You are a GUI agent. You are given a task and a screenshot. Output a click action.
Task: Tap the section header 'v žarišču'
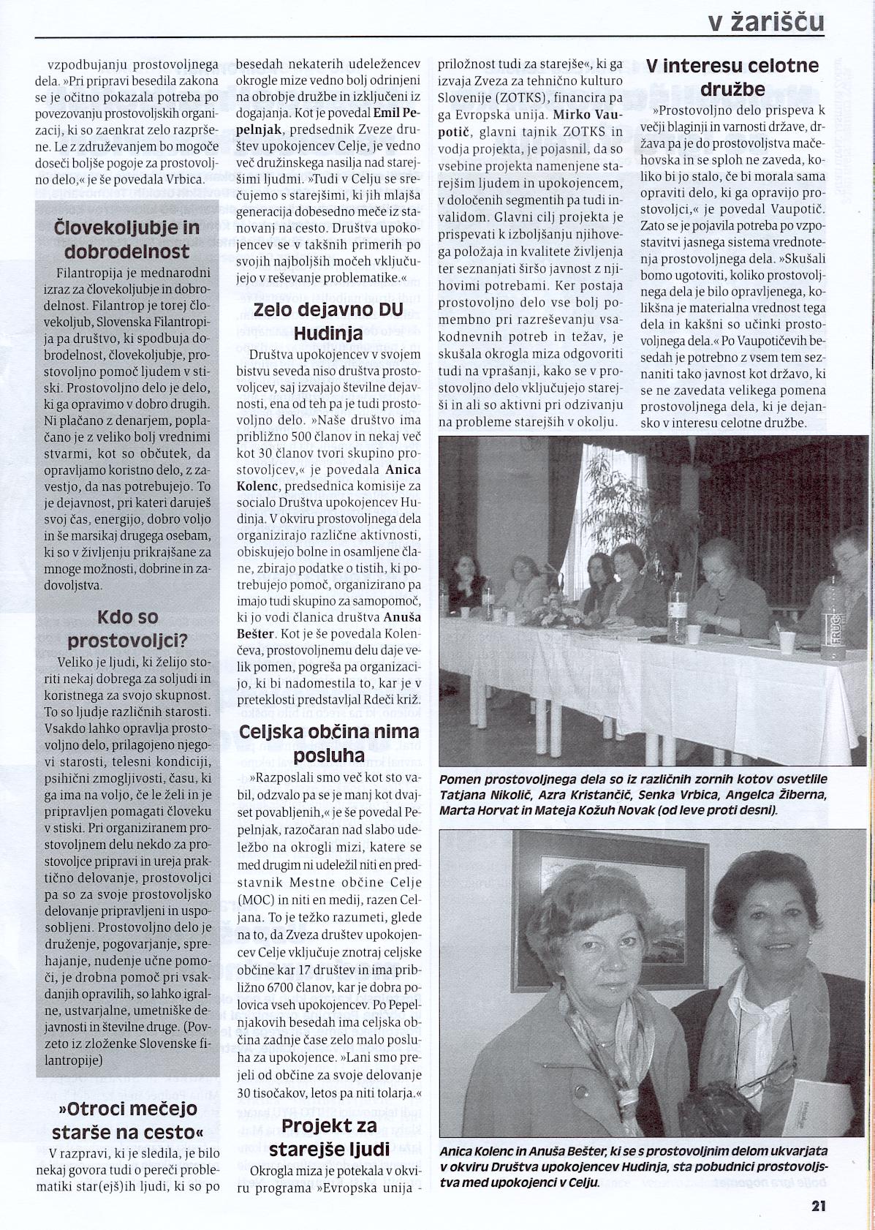[x=766, y=21]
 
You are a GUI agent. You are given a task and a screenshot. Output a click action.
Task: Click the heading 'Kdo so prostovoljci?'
[x=127, y=630]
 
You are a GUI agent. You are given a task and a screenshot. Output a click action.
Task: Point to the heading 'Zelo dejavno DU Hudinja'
[x=328, y=321]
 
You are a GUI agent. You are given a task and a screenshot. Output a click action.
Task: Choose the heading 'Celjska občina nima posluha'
[x=328, y=743]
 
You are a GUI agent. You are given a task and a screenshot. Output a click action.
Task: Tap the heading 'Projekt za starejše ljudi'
[x=328, y=1136]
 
